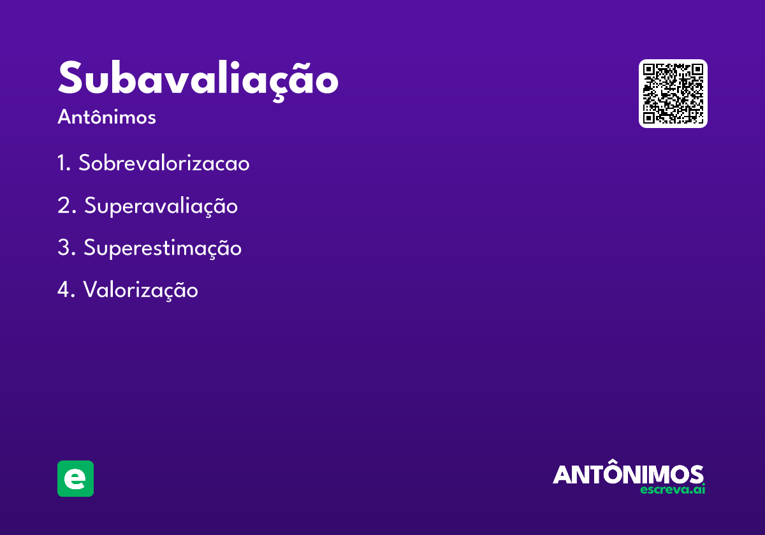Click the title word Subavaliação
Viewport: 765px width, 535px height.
point(198,80)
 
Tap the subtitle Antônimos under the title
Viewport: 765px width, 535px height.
point(106,117)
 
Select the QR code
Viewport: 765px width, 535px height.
point(673,94)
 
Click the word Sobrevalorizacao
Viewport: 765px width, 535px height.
point(164,164)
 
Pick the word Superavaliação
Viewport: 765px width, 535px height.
point(161,206)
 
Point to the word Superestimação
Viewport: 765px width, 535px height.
point(163,248)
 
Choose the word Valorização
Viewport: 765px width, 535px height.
point(140,290)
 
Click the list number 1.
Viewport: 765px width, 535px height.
point(62,164)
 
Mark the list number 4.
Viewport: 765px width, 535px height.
point(64,290)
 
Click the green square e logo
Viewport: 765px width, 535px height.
point(75,478)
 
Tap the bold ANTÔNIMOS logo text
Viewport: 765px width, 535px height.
point(628,474)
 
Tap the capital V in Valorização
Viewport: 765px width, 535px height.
point(91,290)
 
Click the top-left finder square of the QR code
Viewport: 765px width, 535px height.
point(650,70)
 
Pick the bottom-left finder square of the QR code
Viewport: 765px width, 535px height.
point(650,117)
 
